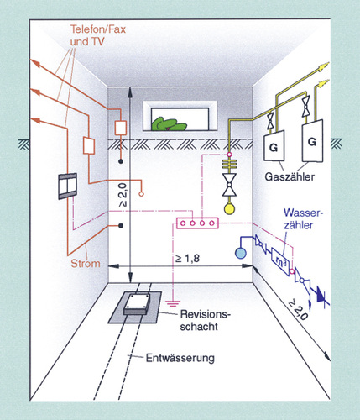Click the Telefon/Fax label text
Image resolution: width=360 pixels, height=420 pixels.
pos(98,29)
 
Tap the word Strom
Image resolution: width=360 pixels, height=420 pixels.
pos(86,264)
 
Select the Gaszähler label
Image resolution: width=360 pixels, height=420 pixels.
pos(290,176)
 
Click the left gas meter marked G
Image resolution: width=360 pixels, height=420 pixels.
pos(274,146)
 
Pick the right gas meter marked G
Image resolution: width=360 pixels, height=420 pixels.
pos(312,141)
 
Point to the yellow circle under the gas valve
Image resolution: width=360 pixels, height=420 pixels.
pos(229,209)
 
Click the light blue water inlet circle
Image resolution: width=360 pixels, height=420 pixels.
pos(241,254)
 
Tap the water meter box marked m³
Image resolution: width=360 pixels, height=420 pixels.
pos(280,261)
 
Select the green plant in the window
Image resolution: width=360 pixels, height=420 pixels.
pos(169,124)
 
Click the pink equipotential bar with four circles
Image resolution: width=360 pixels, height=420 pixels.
pos(197,223)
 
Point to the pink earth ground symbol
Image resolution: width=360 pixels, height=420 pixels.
pos(173,303)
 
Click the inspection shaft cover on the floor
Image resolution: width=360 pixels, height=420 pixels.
pos(137,304)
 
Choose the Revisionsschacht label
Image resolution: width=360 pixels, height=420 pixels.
pos(206,320)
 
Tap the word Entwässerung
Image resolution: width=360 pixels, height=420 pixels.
pos(180,358)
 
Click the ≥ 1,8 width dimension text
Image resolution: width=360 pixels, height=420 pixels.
pos(187,258)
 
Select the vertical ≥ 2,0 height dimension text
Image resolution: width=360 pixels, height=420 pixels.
pos(123,196)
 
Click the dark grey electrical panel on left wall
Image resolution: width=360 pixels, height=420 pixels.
pos(67,186)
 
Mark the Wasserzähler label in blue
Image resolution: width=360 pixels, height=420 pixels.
pos(303,219)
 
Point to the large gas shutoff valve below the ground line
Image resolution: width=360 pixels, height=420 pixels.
pos(229,185)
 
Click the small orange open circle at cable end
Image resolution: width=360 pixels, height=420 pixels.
pos(142,194)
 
